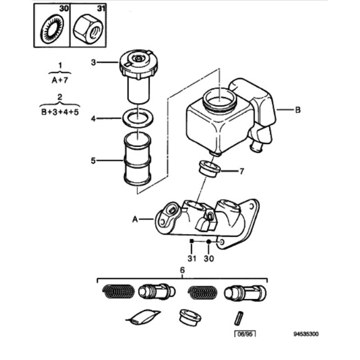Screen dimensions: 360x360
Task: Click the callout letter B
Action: tap(297, 109)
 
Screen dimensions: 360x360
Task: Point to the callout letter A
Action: tap(135, 219)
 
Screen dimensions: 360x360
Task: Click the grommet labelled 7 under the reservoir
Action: tap(209, 168)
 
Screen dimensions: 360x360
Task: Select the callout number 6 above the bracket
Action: tap(183, 270)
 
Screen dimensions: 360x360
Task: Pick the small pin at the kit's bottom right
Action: tap(239, 318)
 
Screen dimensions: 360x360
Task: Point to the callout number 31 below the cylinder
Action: tap(192, 258)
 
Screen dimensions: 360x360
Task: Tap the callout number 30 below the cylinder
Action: tap(209, 258)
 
